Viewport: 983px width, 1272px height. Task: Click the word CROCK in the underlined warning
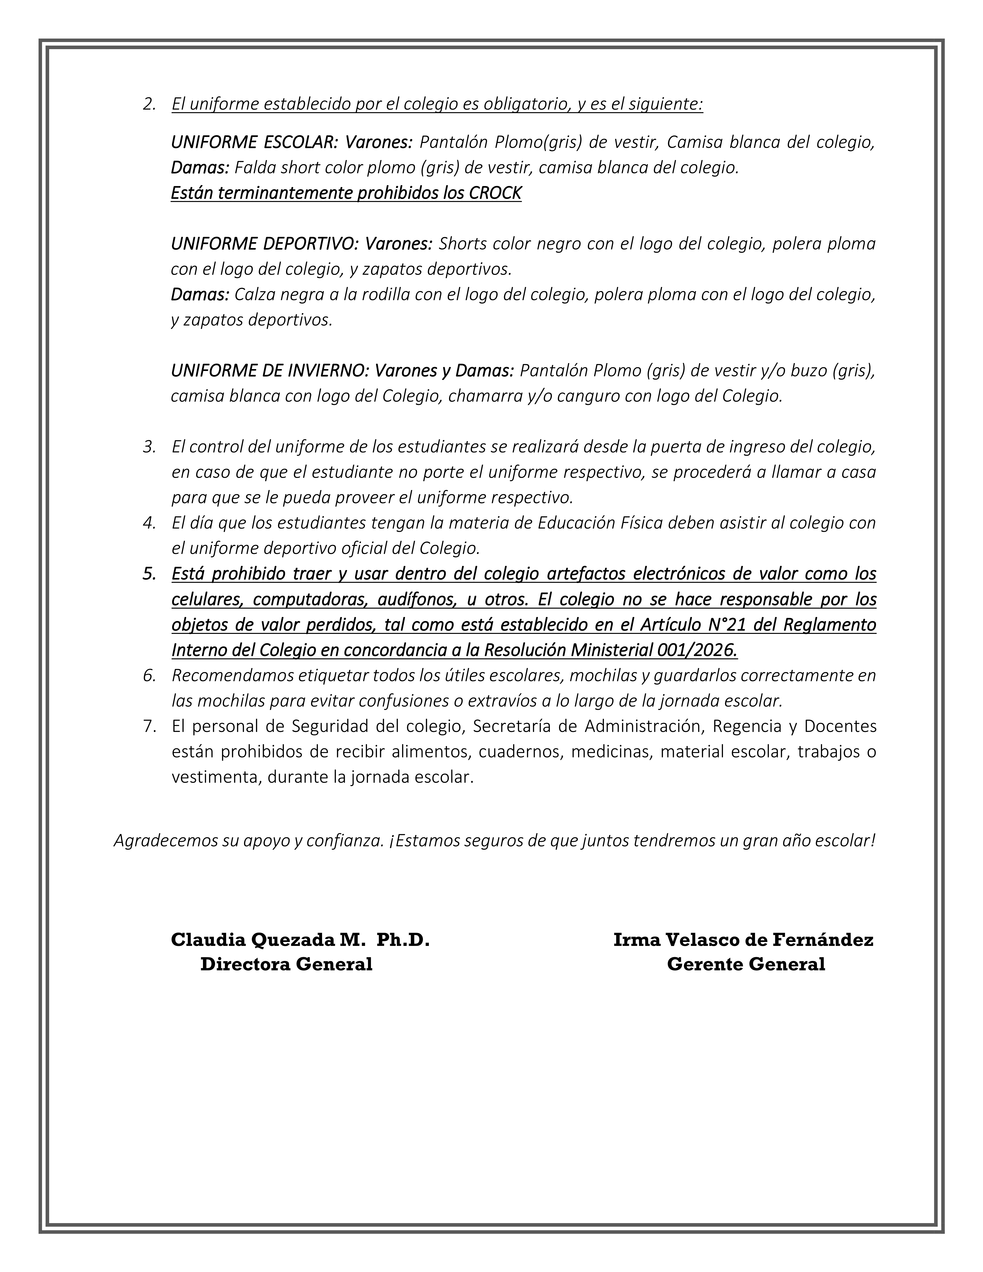tap(495, 193)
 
